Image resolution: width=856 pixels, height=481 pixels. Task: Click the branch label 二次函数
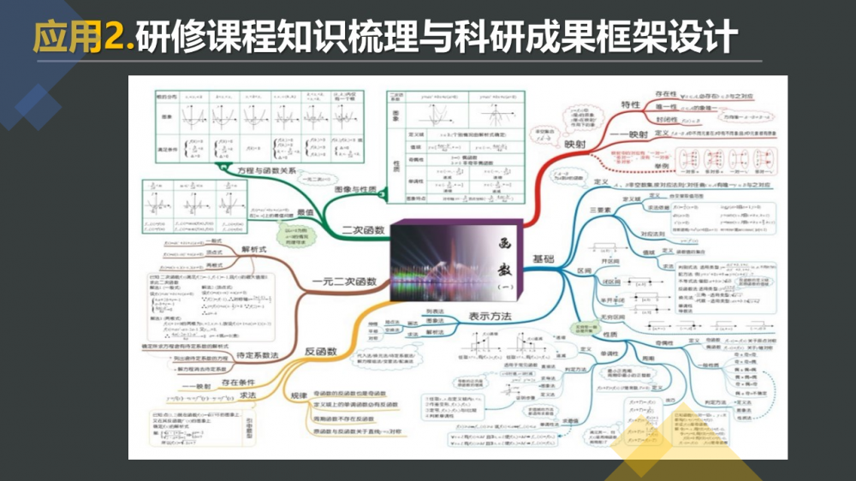point(363,229)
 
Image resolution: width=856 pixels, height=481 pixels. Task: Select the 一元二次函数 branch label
point(345,282)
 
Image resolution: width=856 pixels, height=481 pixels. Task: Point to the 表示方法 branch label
point(490,317)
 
